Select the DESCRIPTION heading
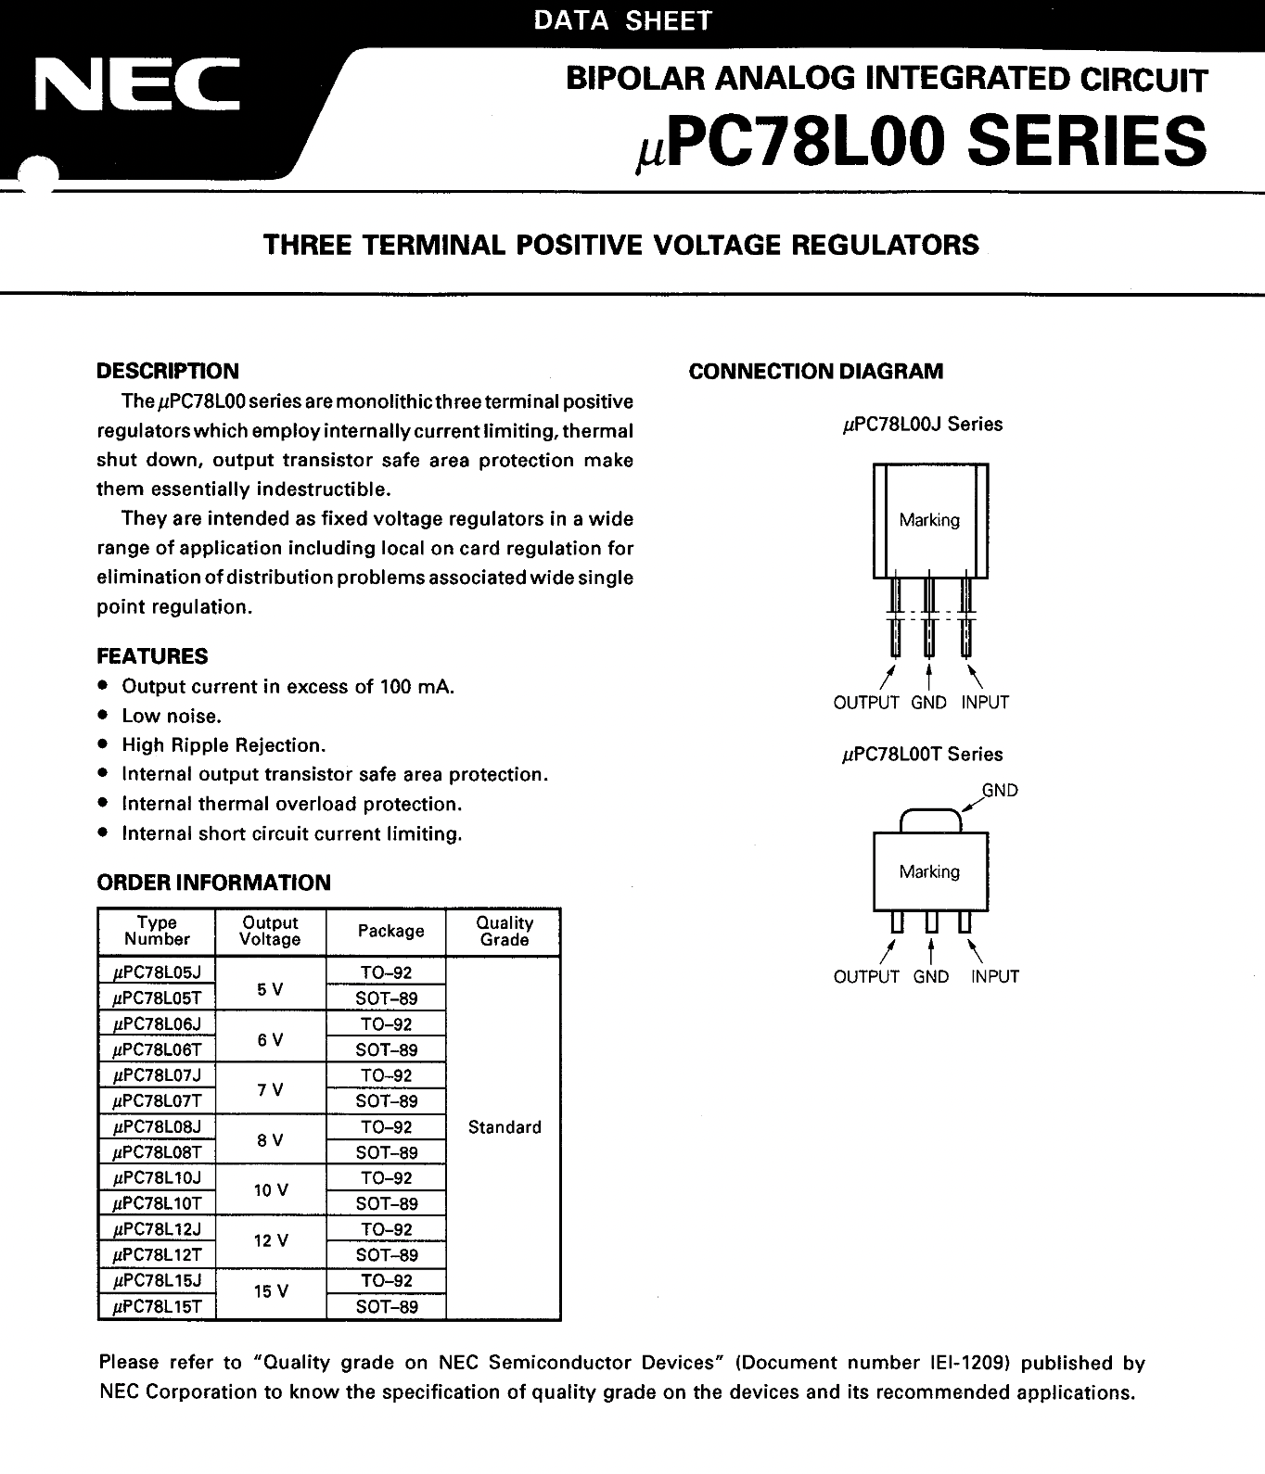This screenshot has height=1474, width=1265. (168, 372)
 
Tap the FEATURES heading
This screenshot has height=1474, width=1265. (152, 656)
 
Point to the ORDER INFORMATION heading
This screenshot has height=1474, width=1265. (213, 883)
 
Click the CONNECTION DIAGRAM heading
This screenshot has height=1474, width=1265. (815, 372)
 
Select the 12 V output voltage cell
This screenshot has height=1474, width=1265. (271, 1240)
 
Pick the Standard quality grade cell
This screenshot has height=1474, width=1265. (505, 1127)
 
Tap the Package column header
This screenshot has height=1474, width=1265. (390, 931)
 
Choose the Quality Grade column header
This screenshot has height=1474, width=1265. (505, 931)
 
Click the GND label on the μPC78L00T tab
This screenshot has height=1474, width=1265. (1000, 791)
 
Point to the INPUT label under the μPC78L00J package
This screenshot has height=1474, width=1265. (985, 703)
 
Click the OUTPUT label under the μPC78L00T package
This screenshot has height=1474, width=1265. (866, 976)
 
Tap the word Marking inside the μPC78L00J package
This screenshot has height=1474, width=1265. (929, 520)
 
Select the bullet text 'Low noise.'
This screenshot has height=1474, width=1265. (172, 716)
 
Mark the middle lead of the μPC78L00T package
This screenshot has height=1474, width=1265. (931, 922)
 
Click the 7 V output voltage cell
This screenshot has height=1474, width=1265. (271, 1089)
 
